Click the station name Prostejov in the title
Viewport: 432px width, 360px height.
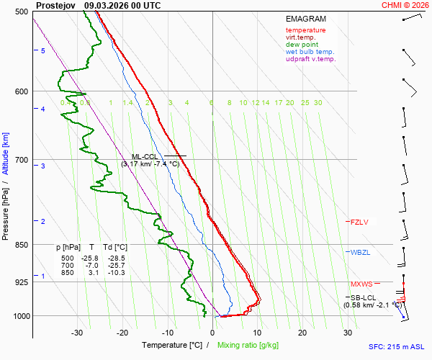57,5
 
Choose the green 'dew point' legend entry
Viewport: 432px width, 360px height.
302,45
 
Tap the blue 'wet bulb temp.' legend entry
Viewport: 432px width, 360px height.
310,52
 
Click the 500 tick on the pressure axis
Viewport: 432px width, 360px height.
22,12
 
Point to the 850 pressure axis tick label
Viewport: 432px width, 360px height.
22,245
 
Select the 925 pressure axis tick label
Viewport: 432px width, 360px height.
22,282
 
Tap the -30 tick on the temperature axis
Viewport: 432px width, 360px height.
77,333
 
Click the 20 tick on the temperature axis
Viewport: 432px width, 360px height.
302,333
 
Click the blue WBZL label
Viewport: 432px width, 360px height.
359,253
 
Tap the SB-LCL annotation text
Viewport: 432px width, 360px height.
364,297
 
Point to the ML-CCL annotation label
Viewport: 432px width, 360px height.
145,156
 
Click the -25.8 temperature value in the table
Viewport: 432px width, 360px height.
89,258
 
